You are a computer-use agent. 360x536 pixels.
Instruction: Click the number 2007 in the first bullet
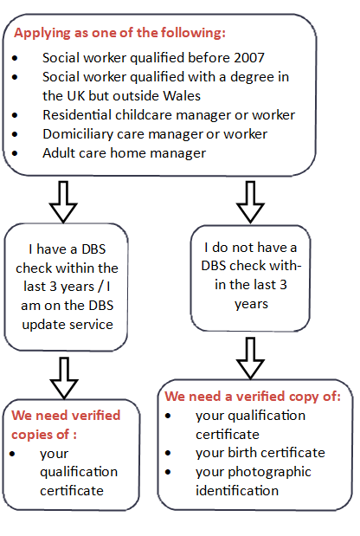(x=245, y=58)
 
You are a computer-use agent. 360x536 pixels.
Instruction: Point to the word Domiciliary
(x=79, y=134)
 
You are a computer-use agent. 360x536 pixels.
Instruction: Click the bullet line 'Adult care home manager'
(x=124, y=153)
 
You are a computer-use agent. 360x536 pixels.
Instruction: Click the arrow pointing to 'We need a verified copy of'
(x=251, y=357)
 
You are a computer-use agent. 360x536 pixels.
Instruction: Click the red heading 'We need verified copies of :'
(x=65, y=423)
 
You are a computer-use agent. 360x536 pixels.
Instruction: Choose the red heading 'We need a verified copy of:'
(x=253, y=397)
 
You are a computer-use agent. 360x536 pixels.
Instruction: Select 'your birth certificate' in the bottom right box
(x=260, y=453)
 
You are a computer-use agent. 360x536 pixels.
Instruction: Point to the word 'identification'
(x=237, y=490)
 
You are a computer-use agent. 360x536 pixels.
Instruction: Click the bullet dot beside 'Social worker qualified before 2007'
(x=20, y=59)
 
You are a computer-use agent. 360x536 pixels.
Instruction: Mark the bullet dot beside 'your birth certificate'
(x=174, y=454)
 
